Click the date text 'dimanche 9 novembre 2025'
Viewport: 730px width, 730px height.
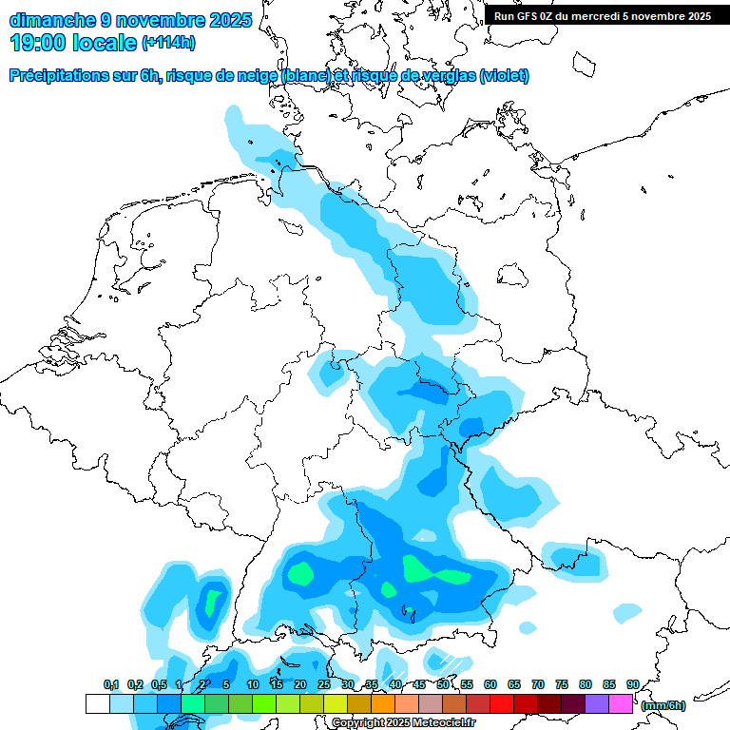point(130,19)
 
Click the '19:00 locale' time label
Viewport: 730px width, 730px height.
point(72,42)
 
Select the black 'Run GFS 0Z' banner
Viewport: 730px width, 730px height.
point(602,15)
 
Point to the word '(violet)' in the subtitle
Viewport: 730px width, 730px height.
point(505,76)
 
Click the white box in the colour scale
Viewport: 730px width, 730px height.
point(97,703)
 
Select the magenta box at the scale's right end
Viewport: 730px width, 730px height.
point(621,703)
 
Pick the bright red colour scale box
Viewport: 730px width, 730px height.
point(501,703)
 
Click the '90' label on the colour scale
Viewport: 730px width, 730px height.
point(632,684)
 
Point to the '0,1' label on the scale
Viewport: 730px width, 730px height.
point(110,684)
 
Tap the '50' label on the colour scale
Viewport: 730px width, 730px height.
point(443,684)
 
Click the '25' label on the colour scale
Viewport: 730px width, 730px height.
point(324,684)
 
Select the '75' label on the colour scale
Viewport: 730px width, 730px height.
point(562,684)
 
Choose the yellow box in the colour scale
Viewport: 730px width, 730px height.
point(335,703)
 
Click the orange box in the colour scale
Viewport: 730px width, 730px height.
point(382,703)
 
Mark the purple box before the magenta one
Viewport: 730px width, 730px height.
point(597,703)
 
